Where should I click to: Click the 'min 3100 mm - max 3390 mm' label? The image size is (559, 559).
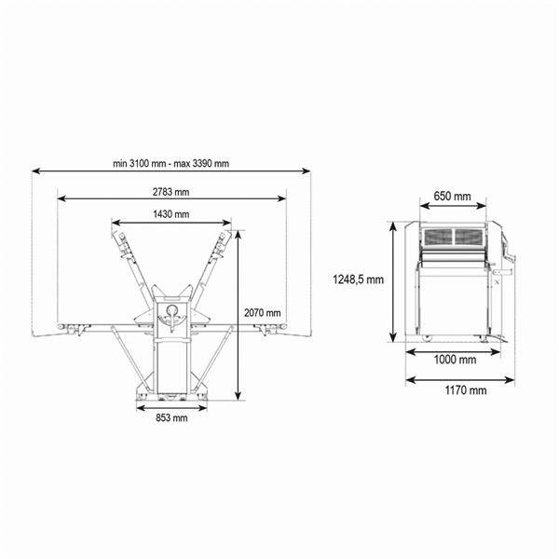point(171,163)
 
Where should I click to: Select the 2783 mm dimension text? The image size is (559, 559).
point(171,192)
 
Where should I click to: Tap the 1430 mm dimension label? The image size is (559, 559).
point(171,214)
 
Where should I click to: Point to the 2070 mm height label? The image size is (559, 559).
point(263,313)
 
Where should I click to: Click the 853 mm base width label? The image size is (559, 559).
point(171,417)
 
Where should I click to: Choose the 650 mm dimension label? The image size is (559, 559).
point(452,196)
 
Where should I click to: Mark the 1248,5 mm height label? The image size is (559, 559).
point(359,279)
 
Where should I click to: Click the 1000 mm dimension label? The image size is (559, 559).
point(455,360)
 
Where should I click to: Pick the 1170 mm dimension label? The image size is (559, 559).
point(466,390)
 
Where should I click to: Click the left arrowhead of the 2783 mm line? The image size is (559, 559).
point(61,198)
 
